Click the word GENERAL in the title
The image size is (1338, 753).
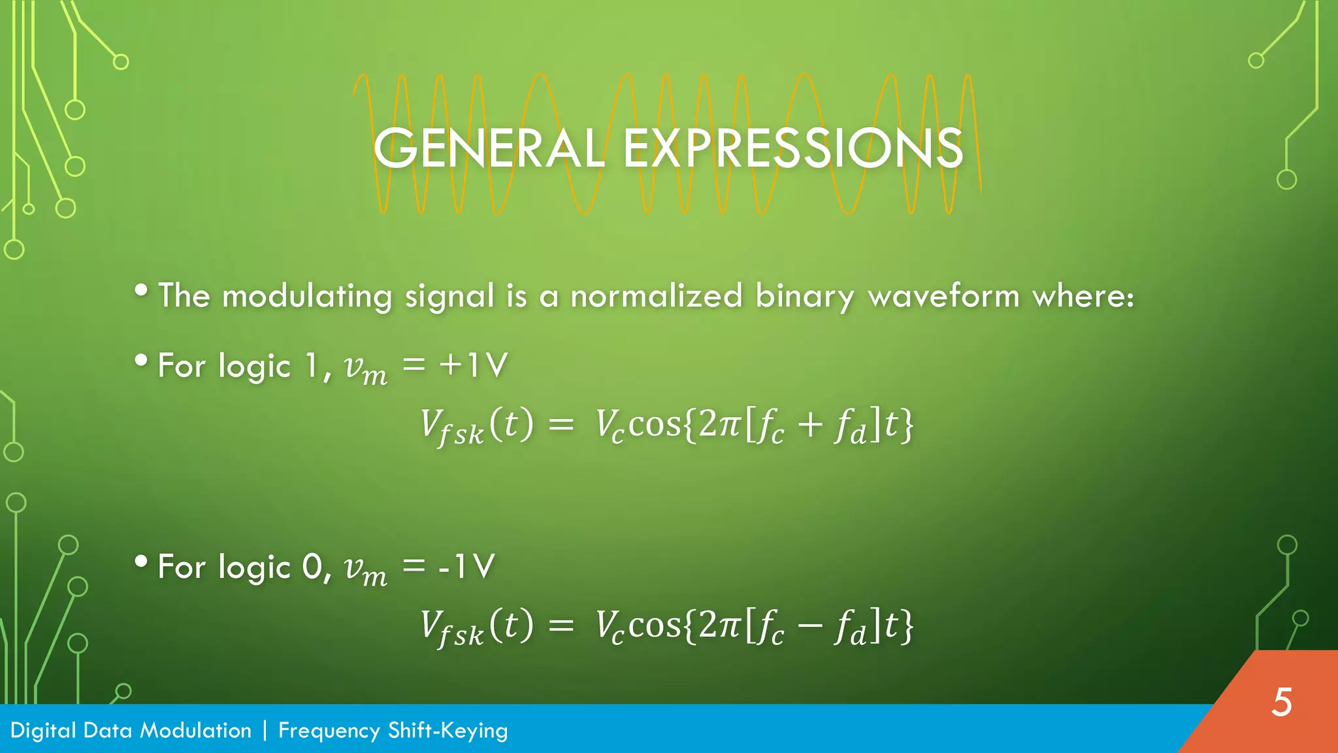pos(489,148)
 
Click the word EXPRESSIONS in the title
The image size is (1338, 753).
pos(792,148)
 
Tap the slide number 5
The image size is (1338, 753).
pos(1282,703)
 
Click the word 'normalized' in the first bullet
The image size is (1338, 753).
pos(656,295)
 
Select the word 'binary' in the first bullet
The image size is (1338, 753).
pos(804,297)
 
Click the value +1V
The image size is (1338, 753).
pos(474,365)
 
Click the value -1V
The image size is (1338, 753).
pos(466,566)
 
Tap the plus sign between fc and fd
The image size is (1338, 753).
pos(809,426)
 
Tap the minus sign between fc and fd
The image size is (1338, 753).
pos(809,626)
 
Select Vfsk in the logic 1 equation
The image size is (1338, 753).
pos(451,427)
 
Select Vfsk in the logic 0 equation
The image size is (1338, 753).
pos(451,628)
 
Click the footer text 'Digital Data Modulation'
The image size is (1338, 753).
pos(131,730)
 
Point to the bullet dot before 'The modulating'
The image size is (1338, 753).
pos(141,290)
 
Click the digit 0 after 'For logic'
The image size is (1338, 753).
pos(312,566)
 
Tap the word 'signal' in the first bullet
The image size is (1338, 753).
pos(449,297)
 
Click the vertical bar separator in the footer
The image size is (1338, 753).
pos(265,730)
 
